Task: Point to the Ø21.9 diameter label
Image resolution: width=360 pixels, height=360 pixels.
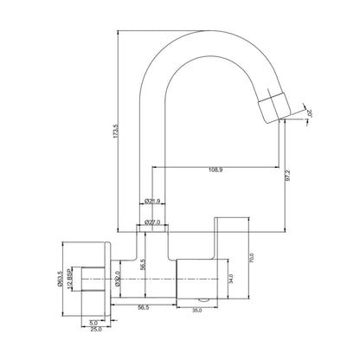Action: click(x=153, y=202)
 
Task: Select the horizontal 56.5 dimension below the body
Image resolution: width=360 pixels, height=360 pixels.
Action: click(x=143, y=305)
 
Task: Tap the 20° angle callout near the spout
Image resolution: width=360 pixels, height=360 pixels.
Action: click(x=309, y=111)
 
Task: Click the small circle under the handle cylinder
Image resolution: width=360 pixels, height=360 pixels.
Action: click(x=198, y=296)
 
